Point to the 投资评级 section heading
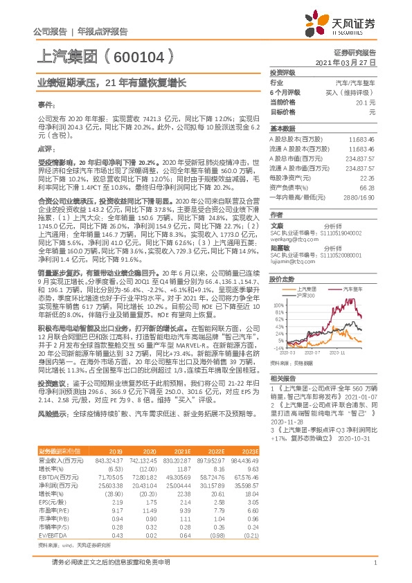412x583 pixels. [x=283, y=72]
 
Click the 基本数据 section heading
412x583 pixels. [x=283, y=129]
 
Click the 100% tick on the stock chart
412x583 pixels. [x=278, y=303]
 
